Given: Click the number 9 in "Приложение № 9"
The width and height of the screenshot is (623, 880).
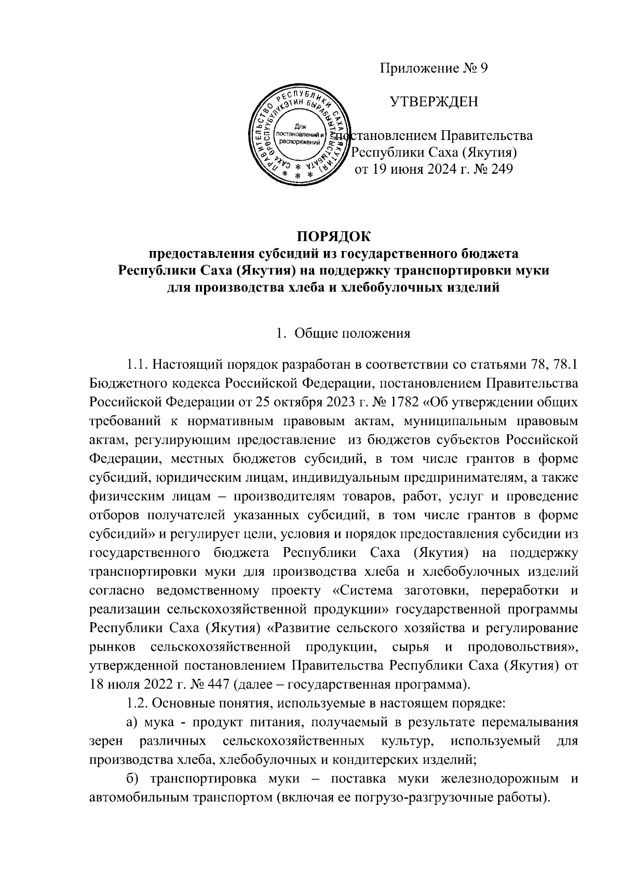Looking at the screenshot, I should [x=483, y=69].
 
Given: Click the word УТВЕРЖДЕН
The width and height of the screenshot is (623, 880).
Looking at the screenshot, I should [x=434, y=102].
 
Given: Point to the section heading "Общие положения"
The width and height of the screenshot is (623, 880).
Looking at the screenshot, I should [x=353, y=333].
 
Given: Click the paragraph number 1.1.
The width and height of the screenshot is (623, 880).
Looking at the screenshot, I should [x=137, y=365].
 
